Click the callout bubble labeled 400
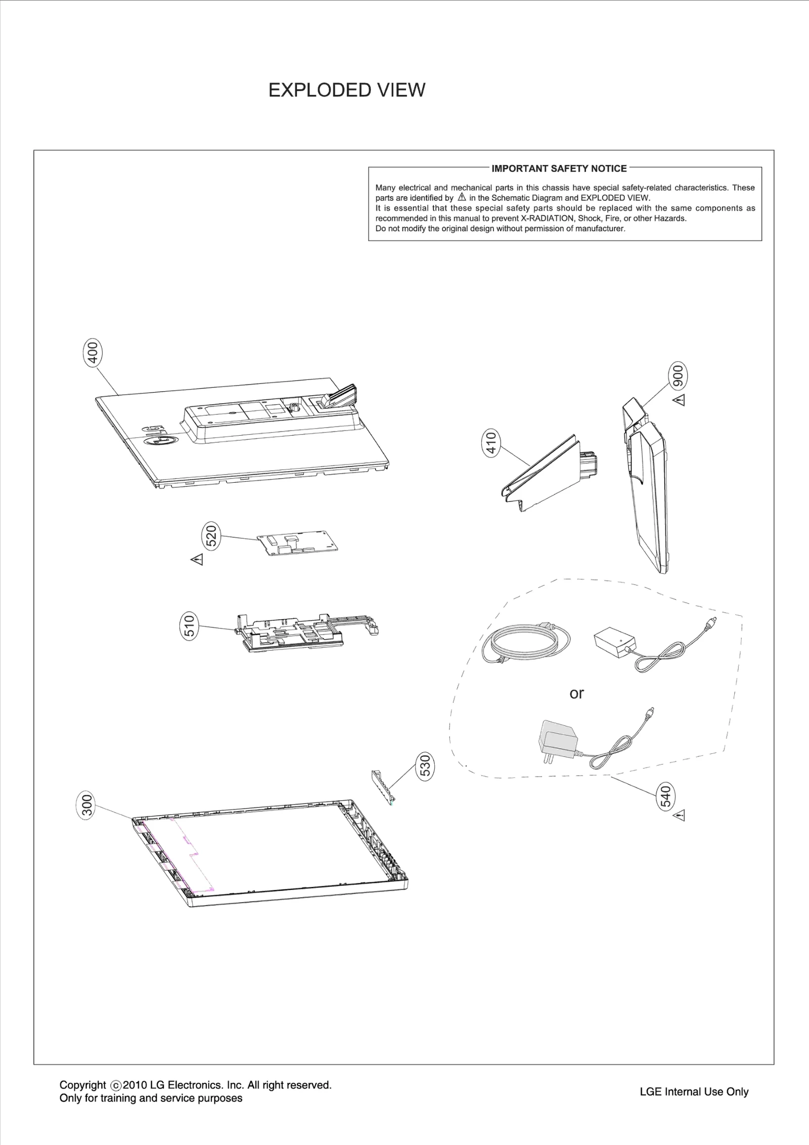[x=92, y=353]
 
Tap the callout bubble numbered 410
[x=491, y=443]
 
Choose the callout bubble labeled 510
[x=190, y=626]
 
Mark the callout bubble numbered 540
[x=666, y=796]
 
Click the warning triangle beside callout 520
[x=197, y=560]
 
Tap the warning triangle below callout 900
[x=680, y=401]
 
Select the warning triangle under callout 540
[x=680, y=815]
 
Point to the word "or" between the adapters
[x=576, y=693]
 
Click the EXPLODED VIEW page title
[x=346, y=90]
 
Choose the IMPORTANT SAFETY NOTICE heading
[x=559, y=168]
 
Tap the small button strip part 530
[x=383, y=786]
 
